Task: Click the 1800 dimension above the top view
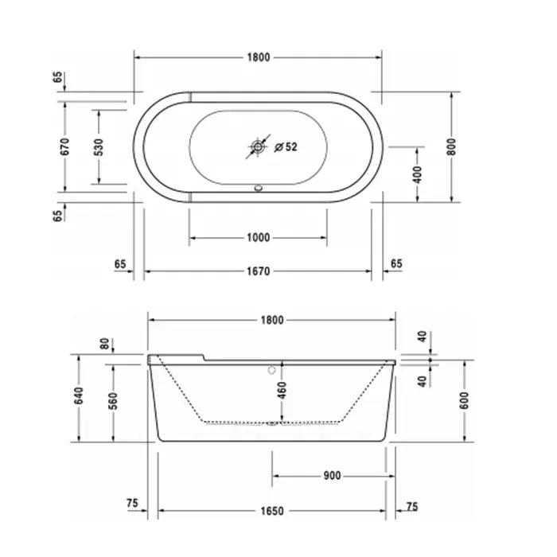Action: coord(259,57)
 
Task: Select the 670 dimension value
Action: coord(64,146)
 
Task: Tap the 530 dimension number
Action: coord(99,147)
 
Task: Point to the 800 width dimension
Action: coord(451,146)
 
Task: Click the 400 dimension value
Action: coord(418,174)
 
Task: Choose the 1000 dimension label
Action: coord(259,237)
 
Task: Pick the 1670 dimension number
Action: coord(259,271)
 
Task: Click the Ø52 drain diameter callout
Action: coord(286,146)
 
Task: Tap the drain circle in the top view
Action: coord(258,146)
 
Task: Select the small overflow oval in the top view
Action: coord(259,188)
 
